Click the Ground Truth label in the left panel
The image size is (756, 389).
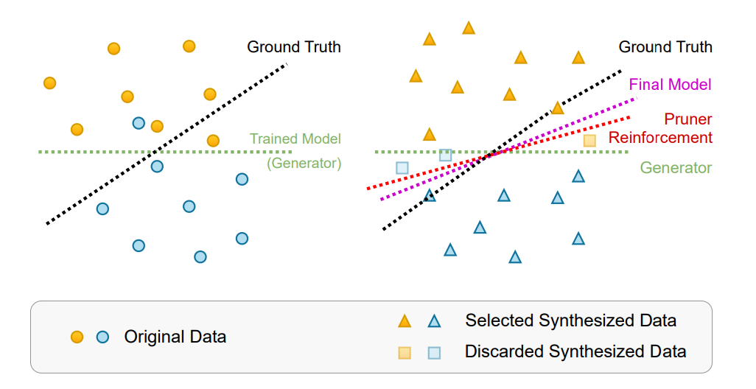[x=294, y=47]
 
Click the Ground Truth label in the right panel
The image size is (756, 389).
[x=665, y=47]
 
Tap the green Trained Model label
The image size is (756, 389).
[x=295, y=139]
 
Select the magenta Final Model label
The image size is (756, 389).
[x=670, y=85]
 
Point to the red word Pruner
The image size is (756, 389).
[x=687, y=119]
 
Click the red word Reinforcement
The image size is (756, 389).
[x=660, y=138]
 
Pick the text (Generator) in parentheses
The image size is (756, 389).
[x=304, y=163]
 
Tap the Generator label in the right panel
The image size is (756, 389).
[x=676, y=168]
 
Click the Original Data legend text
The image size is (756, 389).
[x=175, y=337]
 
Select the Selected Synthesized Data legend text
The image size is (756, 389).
[x=570, y=320]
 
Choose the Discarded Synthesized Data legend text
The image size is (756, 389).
[x=575, y=351]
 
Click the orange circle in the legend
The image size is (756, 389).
[x=77, y=337]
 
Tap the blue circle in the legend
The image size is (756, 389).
[x=102, y=337]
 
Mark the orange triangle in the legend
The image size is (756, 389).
[x=405, y=321]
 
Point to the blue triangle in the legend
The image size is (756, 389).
[x=435, y=321]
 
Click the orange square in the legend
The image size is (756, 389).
[x=405, y=352]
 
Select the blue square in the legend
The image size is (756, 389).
[x=435, y=352]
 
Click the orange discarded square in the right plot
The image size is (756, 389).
[x=589, y=140]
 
